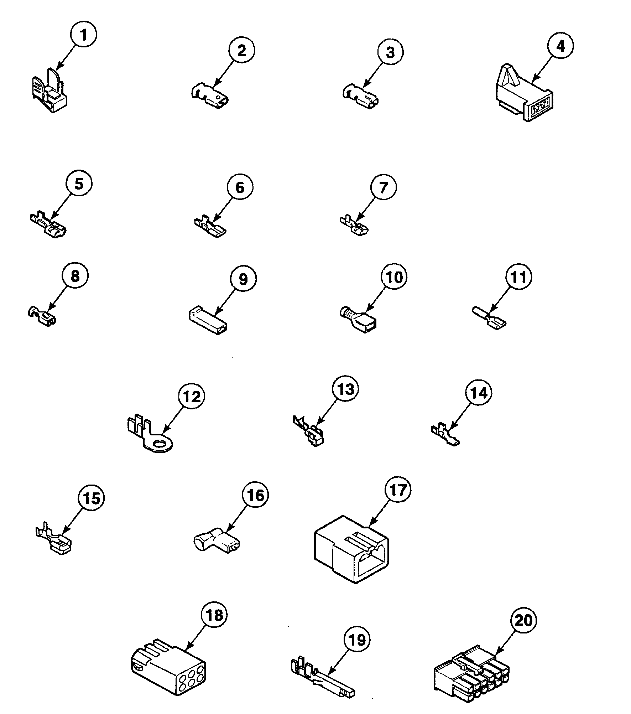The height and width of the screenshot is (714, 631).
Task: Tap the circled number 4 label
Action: click(x=560, y=46)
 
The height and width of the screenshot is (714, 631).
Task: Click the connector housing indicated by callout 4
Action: click(x=523, y=96)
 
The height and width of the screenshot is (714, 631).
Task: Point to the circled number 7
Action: click(x=383, y=187)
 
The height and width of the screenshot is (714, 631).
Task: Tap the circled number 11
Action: click(x=518, y=277)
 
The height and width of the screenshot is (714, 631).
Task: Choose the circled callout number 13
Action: click(x=345, y=389)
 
